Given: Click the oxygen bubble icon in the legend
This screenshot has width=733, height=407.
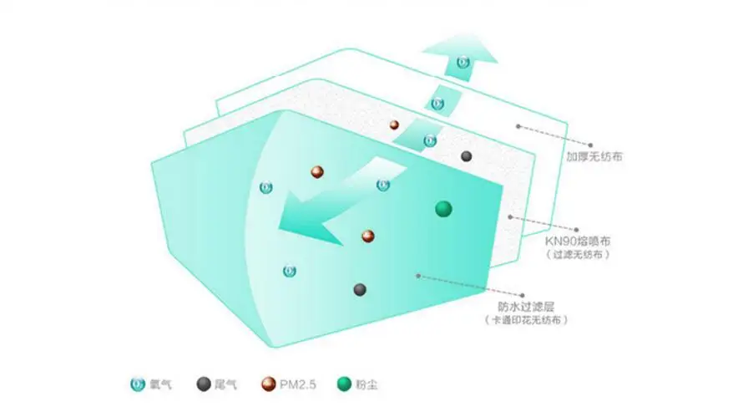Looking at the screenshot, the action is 137,384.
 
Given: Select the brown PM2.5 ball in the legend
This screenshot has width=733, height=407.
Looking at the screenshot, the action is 269,384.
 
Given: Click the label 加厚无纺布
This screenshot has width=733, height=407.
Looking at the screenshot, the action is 594,156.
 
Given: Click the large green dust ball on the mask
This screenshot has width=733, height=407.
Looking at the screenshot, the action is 443,209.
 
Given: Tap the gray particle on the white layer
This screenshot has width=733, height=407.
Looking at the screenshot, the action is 466,156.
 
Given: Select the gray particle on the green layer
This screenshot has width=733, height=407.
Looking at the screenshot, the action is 360,290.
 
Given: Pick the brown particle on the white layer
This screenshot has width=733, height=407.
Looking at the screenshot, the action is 394,125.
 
